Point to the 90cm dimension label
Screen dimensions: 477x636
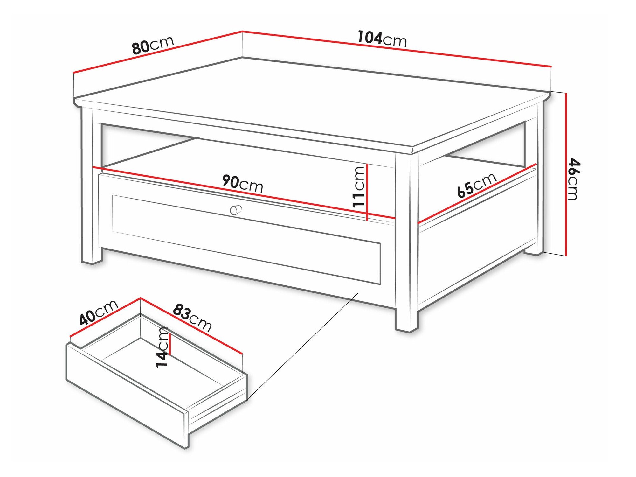point(243,183)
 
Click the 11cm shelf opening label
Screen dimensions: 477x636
point(358,187)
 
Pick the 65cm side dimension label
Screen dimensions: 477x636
point(477,185)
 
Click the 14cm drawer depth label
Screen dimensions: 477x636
point(162,347)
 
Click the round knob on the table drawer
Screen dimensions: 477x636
point(235,210)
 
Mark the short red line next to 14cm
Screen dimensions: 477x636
point(170,344)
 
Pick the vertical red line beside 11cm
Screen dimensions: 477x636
point(367,192)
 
